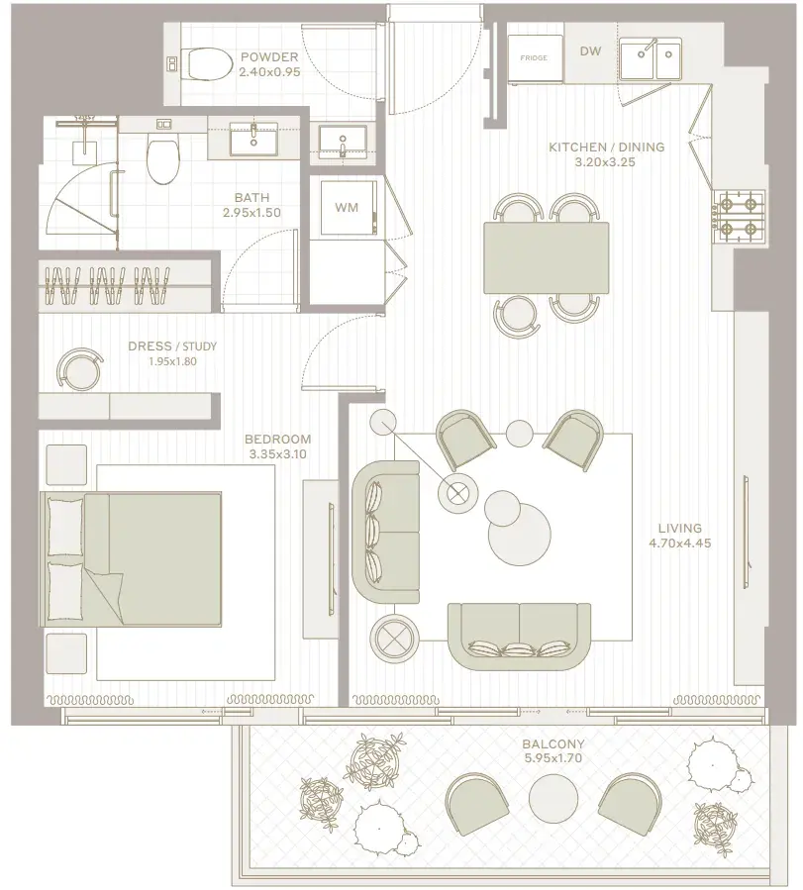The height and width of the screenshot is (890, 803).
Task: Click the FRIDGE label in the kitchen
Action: tap(534, 57)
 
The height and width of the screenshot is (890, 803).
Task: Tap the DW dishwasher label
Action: tap(590, 51)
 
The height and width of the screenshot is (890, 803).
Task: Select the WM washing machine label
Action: tap(347, 207)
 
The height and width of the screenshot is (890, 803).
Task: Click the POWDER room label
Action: tap(269, 56)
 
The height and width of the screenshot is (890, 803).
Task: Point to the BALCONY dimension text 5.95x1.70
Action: tap(553, 757)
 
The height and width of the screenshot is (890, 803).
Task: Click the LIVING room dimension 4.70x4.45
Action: tap(680, 543)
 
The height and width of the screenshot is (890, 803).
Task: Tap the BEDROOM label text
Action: tap(277, 439)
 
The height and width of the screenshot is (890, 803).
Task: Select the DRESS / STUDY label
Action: tap(172, 346)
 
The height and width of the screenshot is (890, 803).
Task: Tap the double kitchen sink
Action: tap(651, 58)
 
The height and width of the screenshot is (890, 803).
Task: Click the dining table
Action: tap(546, 257)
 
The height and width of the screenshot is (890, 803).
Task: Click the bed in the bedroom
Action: tap(131, 559)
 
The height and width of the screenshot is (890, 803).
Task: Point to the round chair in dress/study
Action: tap(80, 369)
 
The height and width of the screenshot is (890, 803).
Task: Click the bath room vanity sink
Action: tap(253, 138)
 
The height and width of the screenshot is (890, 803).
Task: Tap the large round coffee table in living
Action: tap(519, 533)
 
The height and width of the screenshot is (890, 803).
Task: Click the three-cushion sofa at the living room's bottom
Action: tap(519, 637)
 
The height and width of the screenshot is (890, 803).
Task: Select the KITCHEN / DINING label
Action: tap(606, 147)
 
